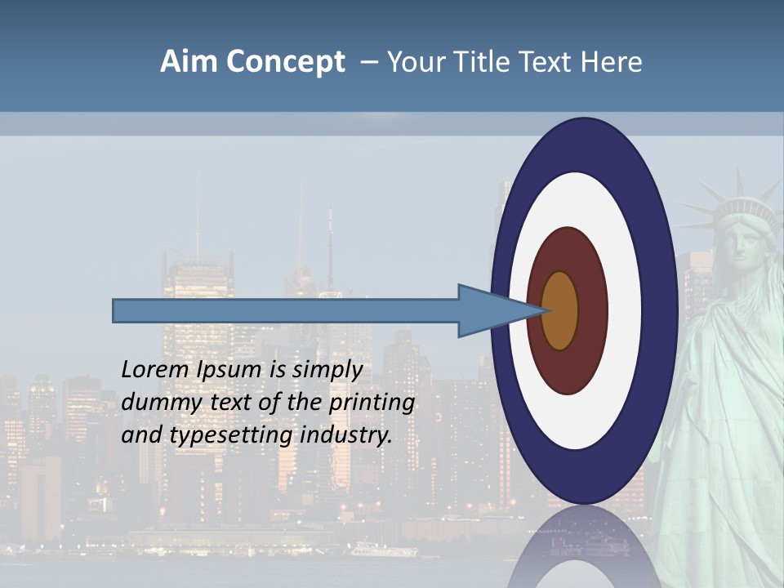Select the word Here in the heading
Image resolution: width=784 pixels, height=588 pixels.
[612, 61]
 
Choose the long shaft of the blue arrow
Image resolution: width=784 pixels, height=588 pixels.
[286, 311]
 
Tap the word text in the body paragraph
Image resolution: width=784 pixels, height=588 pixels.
[232, 403]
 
